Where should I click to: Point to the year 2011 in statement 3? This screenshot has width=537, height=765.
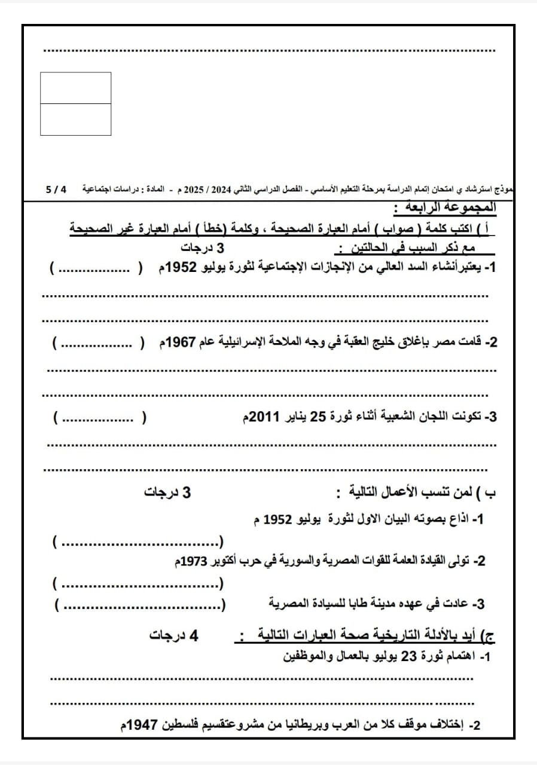[262, 417]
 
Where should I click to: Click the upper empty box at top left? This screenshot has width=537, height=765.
[75, 88]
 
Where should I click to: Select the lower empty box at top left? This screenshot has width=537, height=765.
[75, 120]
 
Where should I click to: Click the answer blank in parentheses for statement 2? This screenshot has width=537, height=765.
[99, 343]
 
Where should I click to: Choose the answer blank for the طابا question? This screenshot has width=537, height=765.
[141, 605]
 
